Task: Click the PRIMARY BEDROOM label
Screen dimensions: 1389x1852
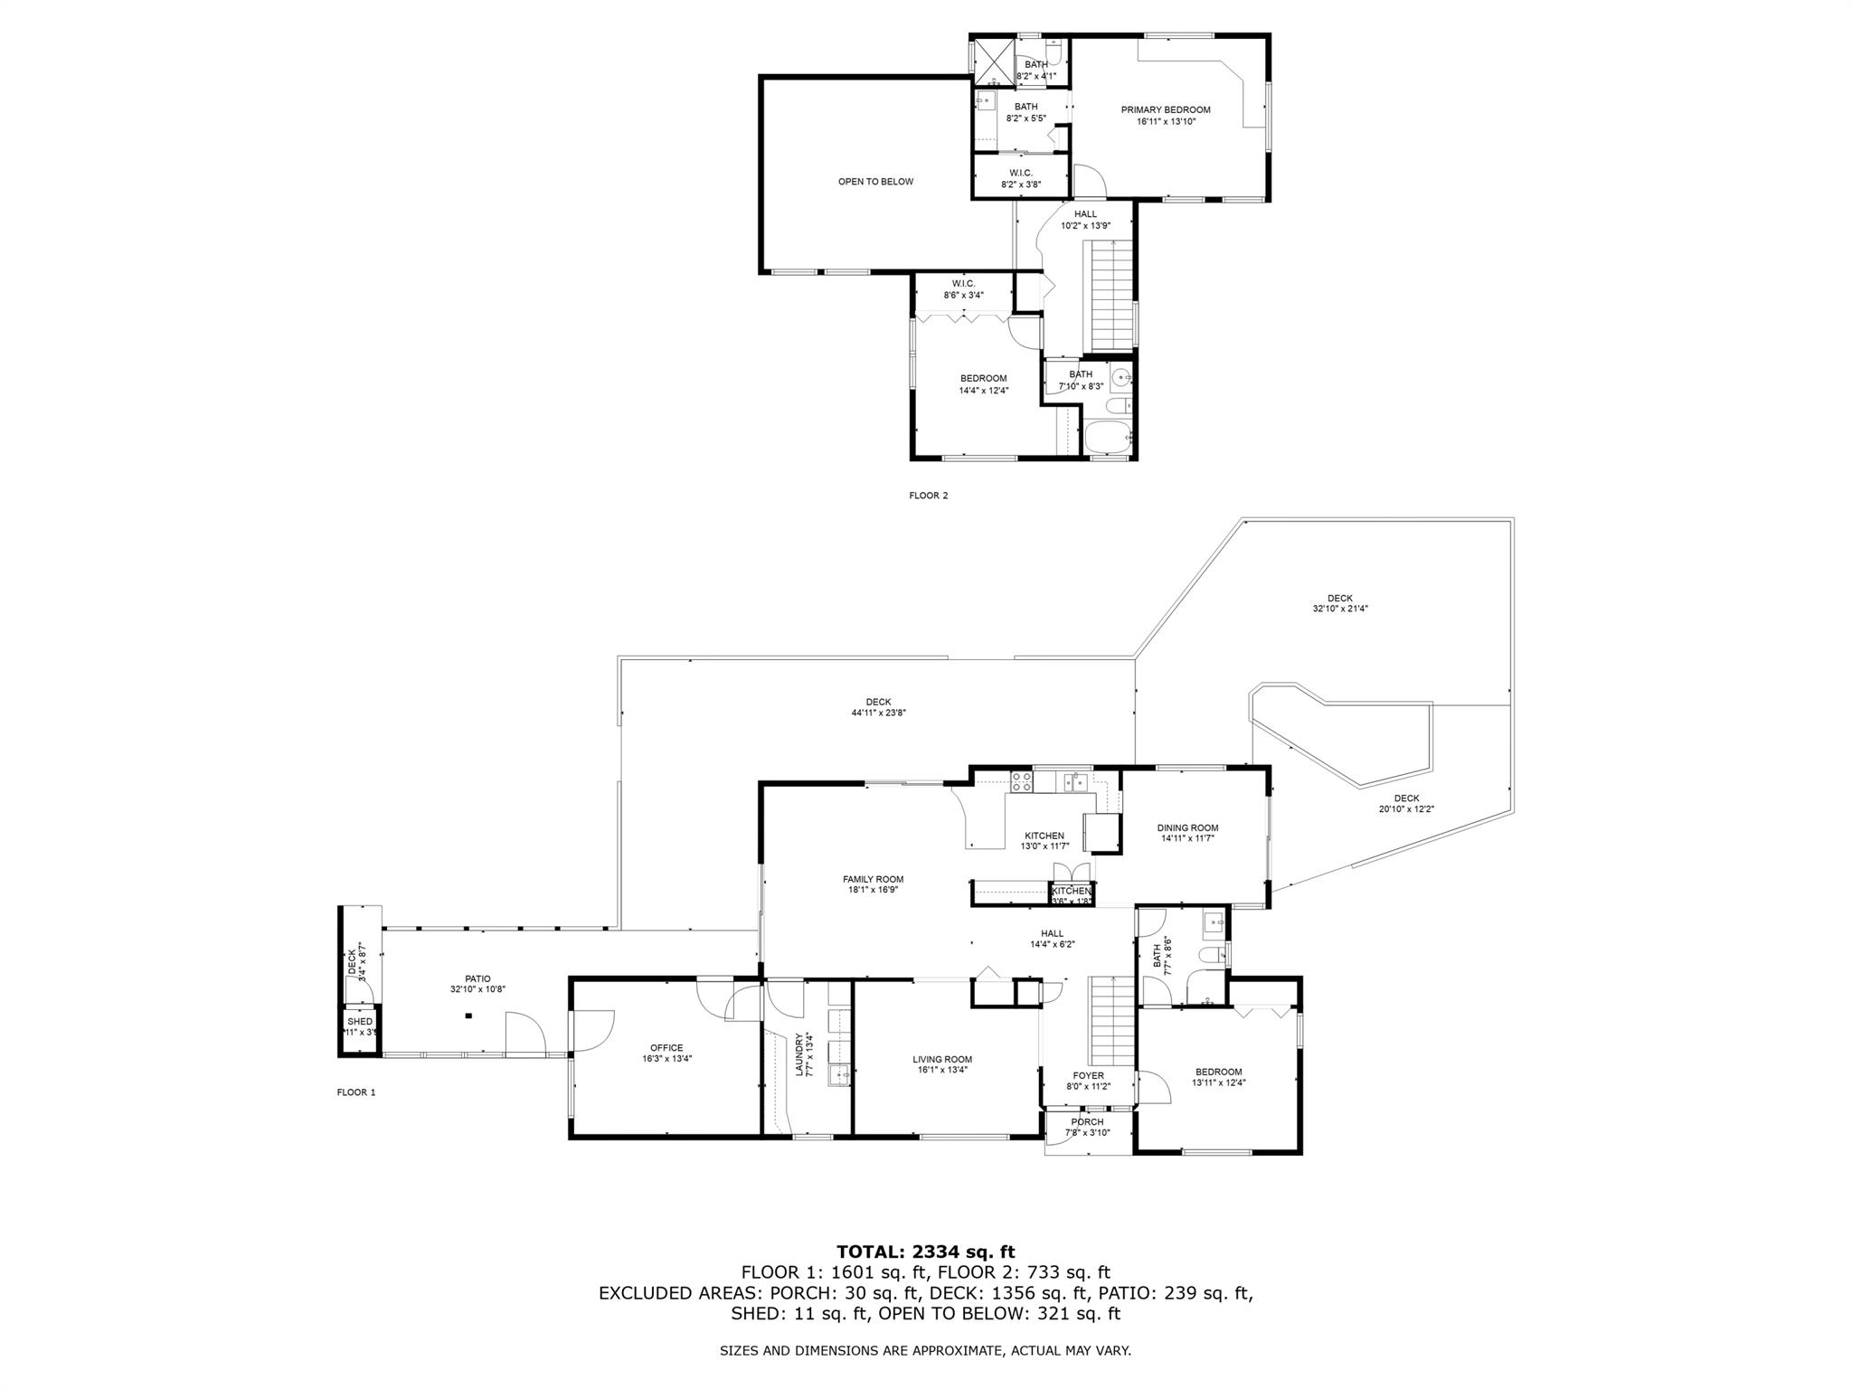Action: pyautogui.click(x=1166, y=109)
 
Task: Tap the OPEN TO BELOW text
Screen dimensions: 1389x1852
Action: pyautogui.click(x=875, y=182)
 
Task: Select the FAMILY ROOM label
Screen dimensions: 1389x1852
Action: pyautogui.click(x=873, y=879)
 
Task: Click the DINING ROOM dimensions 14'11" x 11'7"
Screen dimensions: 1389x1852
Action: pyautogui.click(x=1187, y=838)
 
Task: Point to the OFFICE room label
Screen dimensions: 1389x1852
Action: pyautogui.click(x=666, y=1048)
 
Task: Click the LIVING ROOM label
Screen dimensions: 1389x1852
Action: pyautogui.click(x=942, y=1059)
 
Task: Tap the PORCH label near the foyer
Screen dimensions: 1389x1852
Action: pyautogui.click(x=1087, y=1122)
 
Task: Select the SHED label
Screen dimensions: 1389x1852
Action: pyautogui.click(x=360, y=1022)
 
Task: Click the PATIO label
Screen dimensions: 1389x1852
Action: pyautogui.click(x=477, y=978)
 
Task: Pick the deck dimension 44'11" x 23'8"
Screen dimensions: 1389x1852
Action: pyautogui.click(x=878, y=713)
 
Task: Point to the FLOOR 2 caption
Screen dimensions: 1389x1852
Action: pyautogui.click(x=928, y=496)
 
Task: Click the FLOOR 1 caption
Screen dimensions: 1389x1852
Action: pyautogui.click(x=355, y=1092)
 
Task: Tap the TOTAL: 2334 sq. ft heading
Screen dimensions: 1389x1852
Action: pyautogui.click(x=925, y=1252)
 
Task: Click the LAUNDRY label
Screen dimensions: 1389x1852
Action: pyautogui.click(x=798, y=1054)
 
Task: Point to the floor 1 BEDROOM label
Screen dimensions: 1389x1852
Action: pyautogui.click(x=1216, y=1072)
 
